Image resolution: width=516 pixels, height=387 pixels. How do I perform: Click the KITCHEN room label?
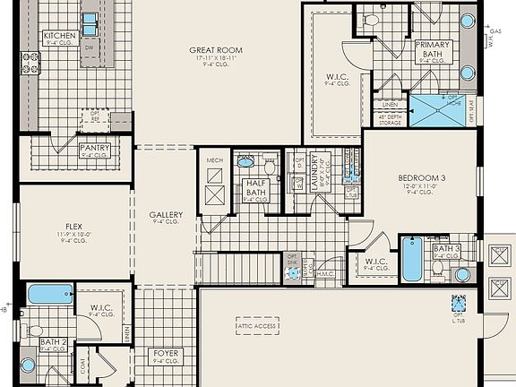[60, 35]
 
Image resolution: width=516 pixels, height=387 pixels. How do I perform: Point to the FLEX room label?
[73, 227]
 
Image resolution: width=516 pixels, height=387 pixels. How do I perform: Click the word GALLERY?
[166, 215]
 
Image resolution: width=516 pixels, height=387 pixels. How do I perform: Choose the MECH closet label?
[214, 161]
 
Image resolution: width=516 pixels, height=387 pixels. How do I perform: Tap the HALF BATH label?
[255, 188]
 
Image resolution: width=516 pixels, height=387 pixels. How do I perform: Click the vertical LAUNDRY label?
[314, 172]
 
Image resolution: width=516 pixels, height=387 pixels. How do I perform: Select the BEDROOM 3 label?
[421, 178]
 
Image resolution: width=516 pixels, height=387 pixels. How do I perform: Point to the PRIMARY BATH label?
[434, 48]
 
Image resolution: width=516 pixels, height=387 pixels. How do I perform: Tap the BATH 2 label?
[53, 341]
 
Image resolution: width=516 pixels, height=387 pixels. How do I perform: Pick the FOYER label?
[166, 353]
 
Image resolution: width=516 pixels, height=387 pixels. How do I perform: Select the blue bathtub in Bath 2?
[50, 294]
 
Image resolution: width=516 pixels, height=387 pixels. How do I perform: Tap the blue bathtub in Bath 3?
[411, 258]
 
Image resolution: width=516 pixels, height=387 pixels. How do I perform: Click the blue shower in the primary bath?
[438, 110]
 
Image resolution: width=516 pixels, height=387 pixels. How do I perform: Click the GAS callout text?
[495, 30]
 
